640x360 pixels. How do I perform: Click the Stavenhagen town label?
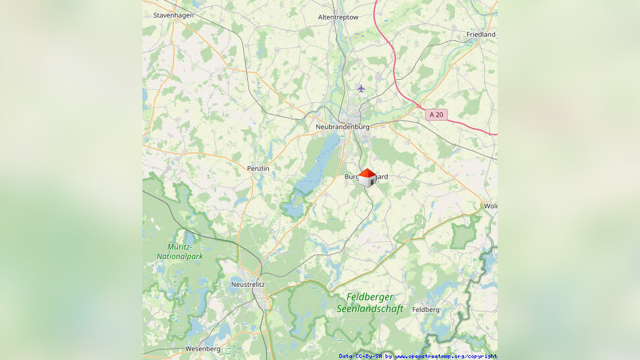tap(171, 15)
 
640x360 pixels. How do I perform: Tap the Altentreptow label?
tap(337, 17)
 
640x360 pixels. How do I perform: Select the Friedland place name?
tap(480, 34)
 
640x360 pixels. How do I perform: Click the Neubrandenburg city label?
tap(342, 127)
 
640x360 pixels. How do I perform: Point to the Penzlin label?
tap(258, 169)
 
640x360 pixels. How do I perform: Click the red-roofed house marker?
tap(367, 177)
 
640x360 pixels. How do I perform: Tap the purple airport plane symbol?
tap(361, 88)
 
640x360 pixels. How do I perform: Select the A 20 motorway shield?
tap(437, 115)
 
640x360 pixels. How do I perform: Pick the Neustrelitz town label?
tap(248, 284)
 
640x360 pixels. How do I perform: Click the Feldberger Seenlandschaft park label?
tap(370, 303)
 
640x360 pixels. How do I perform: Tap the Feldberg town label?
tap(425, 309)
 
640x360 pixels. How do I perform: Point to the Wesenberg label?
tap(185, 348)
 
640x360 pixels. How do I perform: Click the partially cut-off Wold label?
tap(490, 206)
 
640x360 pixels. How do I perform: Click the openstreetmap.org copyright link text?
tap(446, 356)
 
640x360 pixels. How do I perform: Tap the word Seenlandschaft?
tap(370, 309)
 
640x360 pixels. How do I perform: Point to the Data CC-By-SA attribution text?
tap(361, 356)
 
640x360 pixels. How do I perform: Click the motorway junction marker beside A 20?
tap(418, 105)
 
